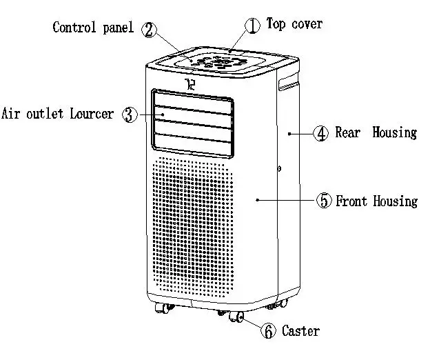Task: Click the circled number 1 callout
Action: click(253, 26)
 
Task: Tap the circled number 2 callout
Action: click(149, 30)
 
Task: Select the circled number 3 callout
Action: click(129, 114)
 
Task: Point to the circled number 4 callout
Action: click(321, 133)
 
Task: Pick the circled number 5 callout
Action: click(324, 201)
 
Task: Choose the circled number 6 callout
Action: click(267, 331)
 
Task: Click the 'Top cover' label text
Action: click(294, 24)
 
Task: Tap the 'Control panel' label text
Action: click(93, 28)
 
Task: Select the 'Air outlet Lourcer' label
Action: click(58, 113)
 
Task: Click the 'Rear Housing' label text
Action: click(376, 132)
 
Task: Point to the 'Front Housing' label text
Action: click(377, 201)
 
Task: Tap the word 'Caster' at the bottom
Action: click(300, 331)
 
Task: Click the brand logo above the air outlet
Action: click(191, 86)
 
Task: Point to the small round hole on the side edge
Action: click(280, 168)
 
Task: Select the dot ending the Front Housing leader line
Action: click(258, 200)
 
